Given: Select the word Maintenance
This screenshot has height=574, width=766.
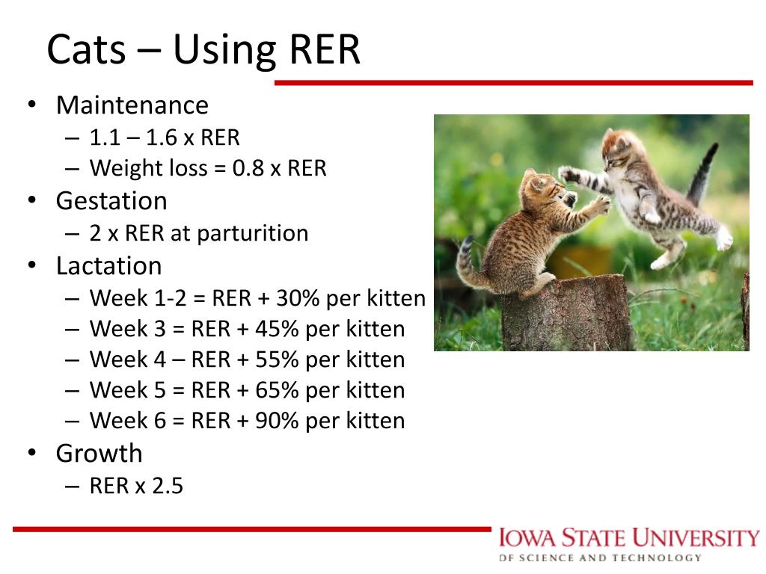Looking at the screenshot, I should click(x=132, y=105).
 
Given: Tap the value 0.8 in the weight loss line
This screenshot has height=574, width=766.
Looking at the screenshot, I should click(x=248, y=168).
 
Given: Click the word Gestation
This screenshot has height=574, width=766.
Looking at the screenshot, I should click(x=111, y=201).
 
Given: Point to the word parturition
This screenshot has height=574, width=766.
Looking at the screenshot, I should click(x=252, y=233).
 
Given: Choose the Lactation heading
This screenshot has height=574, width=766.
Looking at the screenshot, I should click(x=108, y=266).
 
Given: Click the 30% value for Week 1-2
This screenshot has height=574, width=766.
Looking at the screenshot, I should click(x=298, y=298).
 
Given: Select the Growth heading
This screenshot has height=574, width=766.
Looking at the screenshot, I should click(x=99, y=454).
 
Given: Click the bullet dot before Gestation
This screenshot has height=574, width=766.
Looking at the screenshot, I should click(x=32, y=201).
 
